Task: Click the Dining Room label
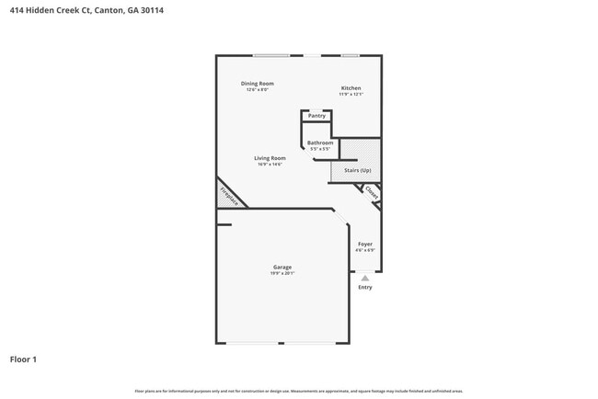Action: tap(258, 84)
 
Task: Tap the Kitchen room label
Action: tap(351, 88)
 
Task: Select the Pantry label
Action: tap(316, 116)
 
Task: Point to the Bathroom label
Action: tap(320, 142)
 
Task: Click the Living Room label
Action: tap(270, 158)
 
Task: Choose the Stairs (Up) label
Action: tap(357, 171)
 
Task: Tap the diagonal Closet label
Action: tap(371, 192)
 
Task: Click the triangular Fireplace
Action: tap(227, 196)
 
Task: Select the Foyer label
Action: tap(365, 244)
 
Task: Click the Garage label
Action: tap(282, 268)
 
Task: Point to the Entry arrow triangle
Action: tap(365, 277)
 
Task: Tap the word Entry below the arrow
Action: tap(365, 288)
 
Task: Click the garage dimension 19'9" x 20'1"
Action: tap(282, 273)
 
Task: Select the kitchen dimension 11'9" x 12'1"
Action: tap(351, 94)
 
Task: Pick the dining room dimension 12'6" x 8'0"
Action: tap(258, 89)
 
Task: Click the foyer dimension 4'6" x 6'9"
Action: tap(365, 249)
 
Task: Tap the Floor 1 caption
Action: tap(23, 359)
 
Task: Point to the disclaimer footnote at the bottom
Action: tap(298, 391)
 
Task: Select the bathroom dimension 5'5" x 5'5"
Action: tap(320, 149)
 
